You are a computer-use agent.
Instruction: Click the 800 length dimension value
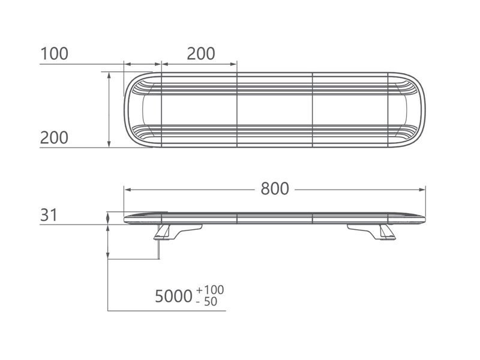275,188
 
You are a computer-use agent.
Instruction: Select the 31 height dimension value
49,215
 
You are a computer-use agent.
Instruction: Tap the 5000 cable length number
173,296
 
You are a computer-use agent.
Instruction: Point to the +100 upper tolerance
211,290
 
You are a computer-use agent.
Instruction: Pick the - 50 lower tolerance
206,302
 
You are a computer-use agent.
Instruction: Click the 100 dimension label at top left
54,53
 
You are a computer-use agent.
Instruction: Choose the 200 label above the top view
201,54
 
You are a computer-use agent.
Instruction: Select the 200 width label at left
54,138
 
